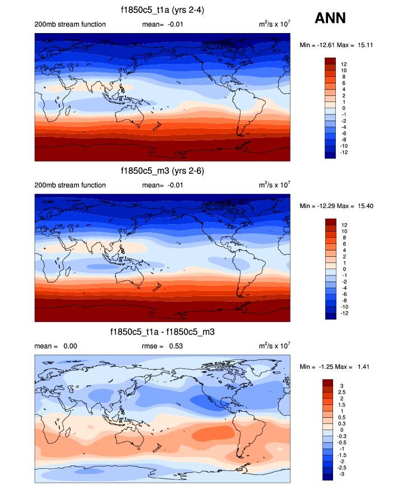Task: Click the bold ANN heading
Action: click(x=330, y=19)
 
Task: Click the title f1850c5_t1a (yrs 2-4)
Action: click(x=163, y=10)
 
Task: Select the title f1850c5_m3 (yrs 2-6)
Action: click(x=163, y=170)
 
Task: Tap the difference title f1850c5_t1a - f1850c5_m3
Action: click(x=163, y=332)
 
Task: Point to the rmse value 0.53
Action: click(x=178, y=346)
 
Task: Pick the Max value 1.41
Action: click(x=362, y=367)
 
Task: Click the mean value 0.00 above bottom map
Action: click(x=70, y=346)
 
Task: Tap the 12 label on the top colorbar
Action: click(x=343, y=64)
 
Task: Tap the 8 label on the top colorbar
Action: click(x=343, y=77)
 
